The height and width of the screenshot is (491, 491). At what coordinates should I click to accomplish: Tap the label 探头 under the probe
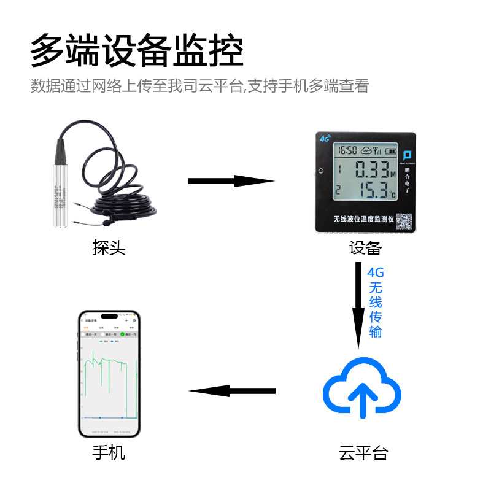click(109, 248)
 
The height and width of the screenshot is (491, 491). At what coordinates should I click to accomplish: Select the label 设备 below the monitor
click(366, 248)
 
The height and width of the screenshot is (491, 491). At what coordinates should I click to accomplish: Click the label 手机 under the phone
click(109, 453)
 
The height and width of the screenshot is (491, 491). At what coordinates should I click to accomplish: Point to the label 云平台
click(363, 453)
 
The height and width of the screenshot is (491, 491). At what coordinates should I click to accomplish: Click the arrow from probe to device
click(230, 180)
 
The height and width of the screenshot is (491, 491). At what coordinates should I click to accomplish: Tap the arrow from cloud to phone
click(232, 391)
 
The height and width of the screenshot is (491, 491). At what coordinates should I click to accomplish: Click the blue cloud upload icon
click(362, 387)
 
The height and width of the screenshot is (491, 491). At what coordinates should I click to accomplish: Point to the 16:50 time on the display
click(348, 150)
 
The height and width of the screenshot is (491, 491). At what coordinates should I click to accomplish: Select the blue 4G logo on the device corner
click(325, 138)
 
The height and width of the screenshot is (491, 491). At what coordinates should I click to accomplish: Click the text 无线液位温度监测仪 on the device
click(362, 220)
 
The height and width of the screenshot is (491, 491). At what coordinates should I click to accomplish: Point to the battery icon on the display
click(390, 150)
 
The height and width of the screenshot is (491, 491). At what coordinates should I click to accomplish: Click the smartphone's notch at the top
click(109, 316)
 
